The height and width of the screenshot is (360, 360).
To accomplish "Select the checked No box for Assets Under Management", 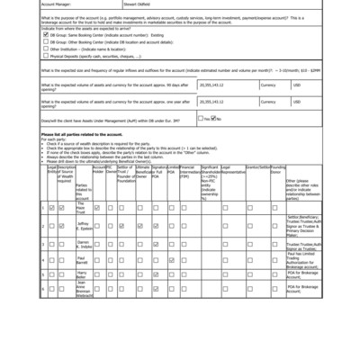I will tap(213, 119).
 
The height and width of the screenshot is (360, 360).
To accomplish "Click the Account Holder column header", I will tap(98, 171).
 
